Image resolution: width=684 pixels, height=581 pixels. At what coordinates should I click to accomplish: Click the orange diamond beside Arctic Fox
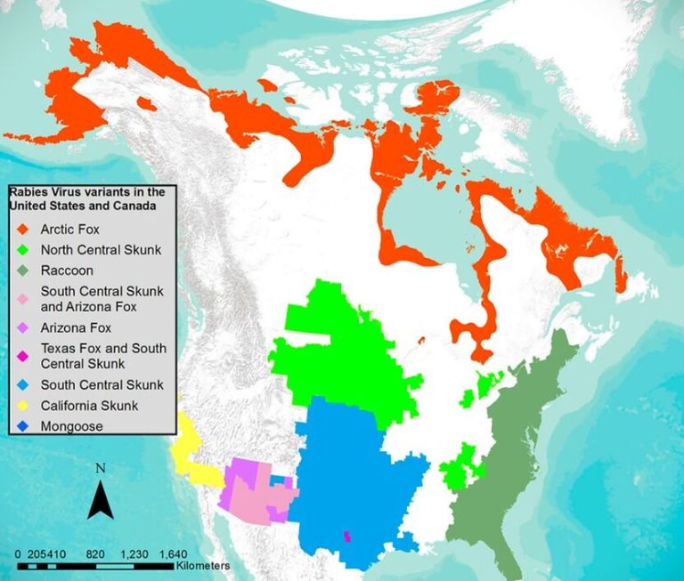pos(20,230)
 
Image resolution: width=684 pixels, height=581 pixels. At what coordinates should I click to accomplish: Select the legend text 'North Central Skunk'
pos(101,250)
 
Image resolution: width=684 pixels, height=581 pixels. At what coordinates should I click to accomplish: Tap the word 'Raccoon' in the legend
pos(67,270)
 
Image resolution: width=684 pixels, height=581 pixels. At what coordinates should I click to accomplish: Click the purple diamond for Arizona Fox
pos(20,327)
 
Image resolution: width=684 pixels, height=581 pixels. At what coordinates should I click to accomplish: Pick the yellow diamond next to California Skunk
pos(20,406)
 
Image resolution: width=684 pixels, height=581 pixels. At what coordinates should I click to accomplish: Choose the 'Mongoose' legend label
pos(71,426)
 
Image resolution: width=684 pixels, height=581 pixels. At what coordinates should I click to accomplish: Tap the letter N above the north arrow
pos(101,469)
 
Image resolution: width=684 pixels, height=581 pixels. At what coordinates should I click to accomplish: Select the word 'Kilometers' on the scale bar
pos(203,566)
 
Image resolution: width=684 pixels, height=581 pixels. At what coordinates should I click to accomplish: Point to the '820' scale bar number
pos(96,553)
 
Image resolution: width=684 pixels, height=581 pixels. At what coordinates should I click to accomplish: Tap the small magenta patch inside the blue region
pos(346,537)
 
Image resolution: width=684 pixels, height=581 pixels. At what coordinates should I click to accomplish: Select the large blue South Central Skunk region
pos(347,480)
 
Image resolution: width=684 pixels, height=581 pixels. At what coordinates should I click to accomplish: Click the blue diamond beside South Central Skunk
pos(20,385)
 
